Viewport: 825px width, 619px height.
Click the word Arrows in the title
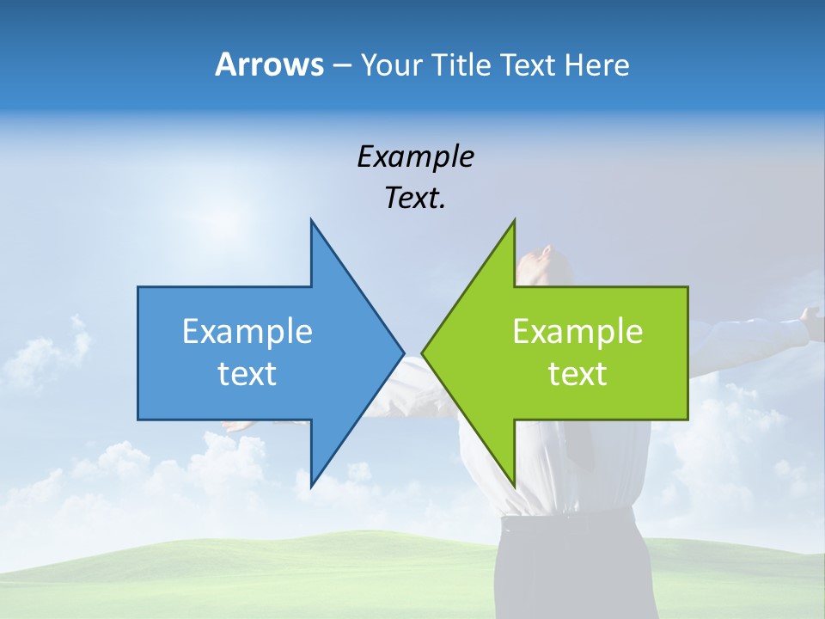tap(268, 64)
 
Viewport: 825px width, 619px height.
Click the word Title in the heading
tap(462, 64)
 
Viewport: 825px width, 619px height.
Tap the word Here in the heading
tap(596, 64)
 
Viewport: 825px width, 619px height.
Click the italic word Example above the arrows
tap(415, 157)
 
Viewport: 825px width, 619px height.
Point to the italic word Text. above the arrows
tap(415, 199)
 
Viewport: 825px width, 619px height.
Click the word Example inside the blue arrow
tap(247, 332)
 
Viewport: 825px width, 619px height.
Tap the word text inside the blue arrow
tap(247, 374)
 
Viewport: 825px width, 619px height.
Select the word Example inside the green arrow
tap(577, 332)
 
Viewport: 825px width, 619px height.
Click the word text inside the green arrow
tap(577, 374)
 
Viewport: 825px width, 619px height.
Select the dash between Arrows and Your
tap(341, 65)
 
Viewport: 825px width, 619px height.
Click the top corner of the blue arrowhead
tap(311, 221)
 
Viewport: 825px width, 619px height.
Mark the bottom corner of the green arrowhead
tap(514, 486)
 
